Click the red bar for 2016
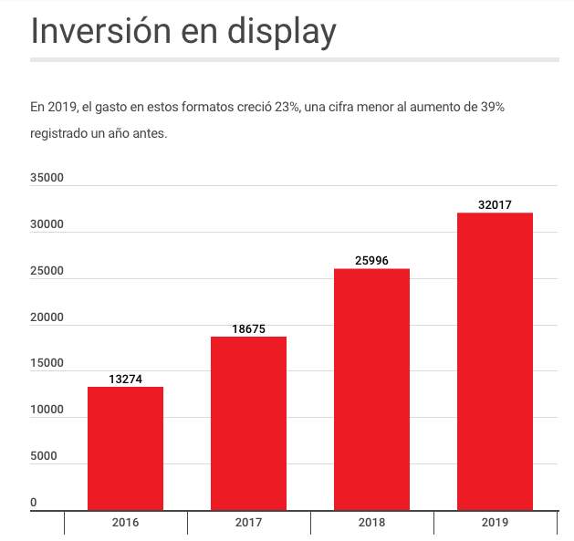point(125,448)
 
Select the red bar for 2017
point(248,423)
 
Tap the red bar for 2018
point(371,390)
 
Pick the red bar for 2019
point(495,361)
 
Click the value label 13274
point(125,379)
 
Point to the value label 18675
point(248,328)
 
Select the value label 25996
point(371,261)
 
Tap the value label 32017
point(495,205)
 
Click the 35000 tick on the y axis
point(47,178)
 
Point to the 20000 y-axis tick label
point(47,317)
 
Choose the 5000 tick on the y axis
point(44,457)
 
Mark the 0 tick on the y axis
point(34,503)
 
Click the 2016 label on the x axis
point(125,523)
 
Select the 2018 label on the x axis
point(371,523)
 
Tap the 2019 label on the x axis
point(495,523)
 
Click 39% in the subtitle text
point(492,108)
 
